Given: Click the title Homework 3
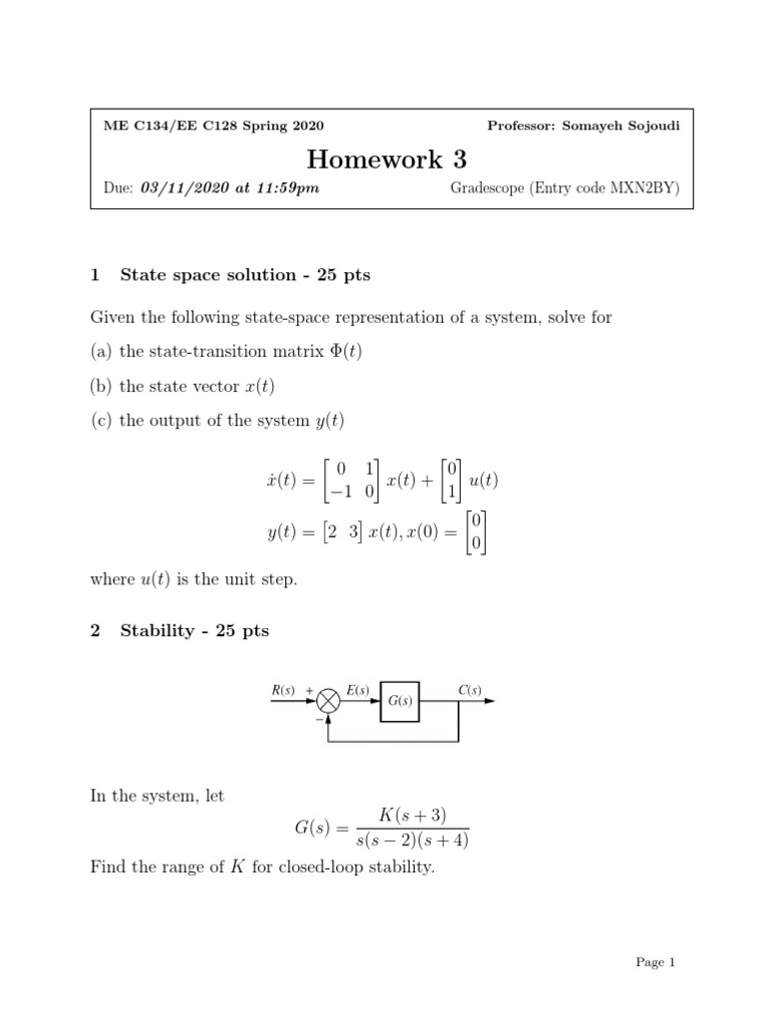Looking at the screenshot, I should (386, 159).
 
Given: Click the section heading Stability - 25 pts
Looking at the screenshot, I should (194, 631).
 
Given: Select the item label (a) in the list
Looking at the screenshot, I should (102, 351).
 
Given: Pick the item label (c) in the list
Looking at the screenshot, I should (102, 420).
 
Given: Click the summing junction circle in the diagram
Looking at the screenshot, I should (328, 702).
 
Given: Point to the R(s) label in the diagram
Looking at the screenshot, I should (283, 689).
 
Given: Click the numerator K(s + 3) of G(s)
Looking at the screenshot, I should (411, 816).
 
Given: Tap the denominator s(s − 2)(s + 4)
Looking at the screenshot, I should (411, 841).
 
